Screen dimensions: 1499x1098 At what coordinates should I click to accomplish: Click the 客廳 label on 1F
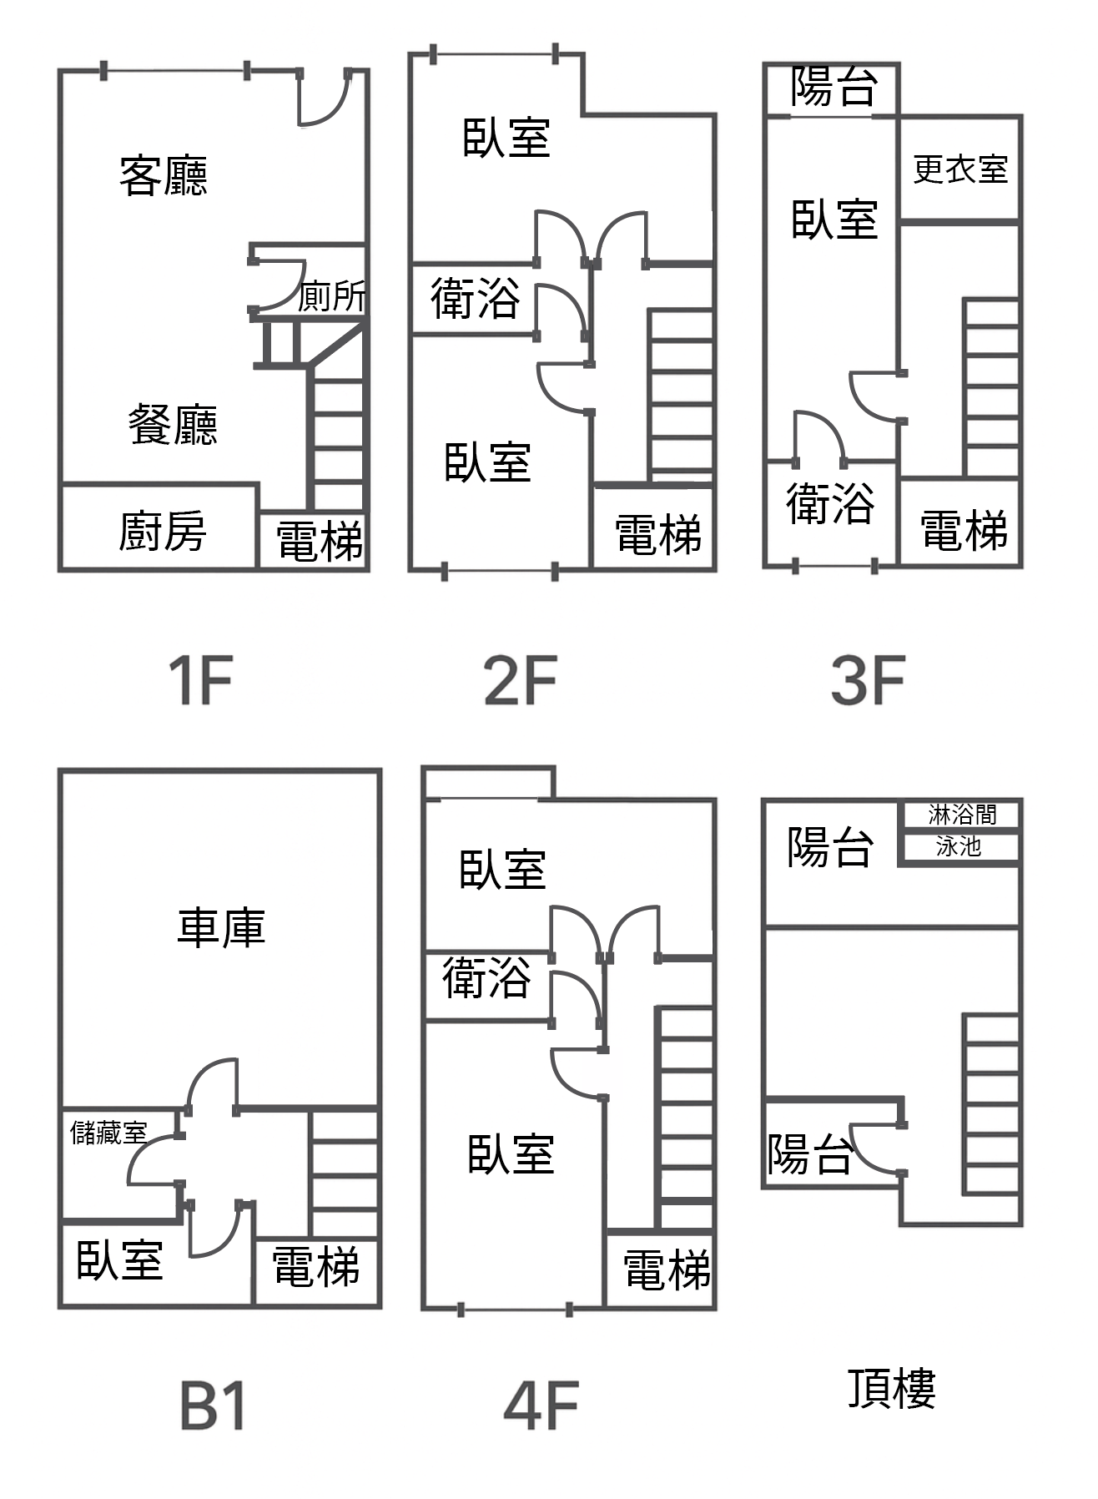coord(163,176)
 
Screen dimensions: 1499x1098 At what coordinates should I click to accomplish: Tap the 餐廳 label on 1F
coord(173,425)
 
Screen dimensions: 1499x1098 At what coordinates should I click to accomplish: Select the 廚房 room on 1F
coord(161,531)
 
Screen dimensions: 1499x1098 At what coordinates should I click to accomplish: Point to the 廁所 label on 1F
coord(332,296)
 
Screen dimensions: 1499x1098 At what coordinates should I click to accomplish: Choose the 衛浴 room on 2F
coord(475,299)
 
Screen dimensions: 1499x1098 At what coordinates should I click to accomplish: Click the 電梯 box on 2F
coord(657,534)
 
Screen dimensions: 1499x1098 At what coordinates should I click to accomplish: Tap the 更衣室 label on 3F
coord(960,169)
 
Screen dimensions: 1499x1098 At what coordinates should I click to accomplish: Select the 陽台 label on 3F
coord(834,87)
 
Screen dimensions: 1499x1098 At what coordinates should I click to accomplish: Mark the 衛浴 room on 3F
coord(830,504)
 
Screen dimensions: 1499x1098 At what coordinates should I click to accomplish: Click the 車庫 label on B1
coord(221,927)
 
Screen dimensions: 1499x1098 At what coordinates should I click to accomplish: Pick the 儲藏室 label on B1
coord(108,1133)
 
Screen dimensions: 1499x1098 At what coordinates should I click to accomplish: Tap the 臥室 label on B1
coord(119,1260)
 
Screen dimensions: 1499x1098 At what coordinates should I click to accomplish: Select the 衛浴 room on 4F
coord(486,977)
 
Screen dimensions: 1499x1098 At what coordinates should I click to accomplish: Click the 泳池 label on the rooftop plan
coord(958,847)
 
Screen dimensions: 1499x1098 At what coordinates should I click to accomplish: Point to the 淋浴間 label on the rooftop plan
coord(961,814)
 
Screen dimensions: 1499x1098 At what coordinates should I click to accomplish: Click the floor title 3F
coord(868,681)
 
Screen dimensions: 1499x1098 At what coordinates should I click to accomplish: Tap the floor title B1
coord(213,1406)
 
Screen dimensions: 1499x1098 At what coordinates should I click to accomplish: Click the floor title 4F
coord(541,1406)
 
